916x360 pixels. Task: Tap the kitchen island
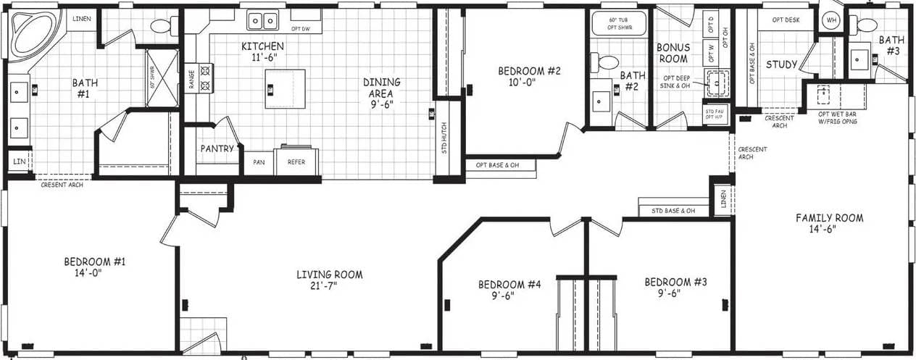tap(285, 88)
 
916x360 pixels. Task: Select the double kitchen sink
tap(263, 20)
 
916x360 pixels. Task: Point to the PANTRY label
tap(217, 149)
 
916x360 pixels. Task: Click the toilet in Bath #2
tap(607, 62)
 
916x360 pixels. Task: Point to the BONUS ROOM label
tap(673, 53)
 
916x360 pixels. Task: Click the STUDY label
tap(781, 64)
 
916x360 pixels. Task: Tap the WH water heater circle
tap(831, 20)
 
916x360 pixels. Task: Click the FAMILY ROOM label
tap(829, 218)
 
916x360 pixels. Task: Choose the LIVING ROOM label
tap(329, 275)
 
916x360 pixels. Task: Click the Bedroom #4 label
tap(509, 285)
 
